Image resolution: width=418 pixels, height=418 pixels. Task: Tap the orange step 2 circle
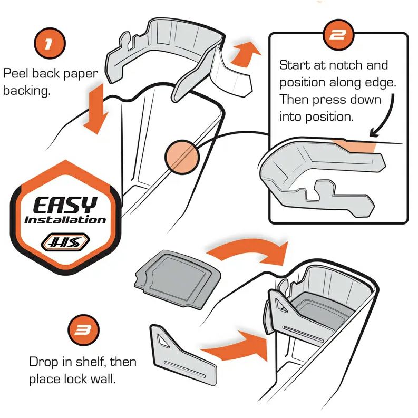(x=338, y=35)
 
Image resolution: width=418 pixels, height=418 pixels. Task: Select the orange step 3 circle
(x=83, y=330)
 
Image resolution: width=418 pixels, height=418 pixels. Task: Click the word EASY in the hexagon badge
(x=65, y=205)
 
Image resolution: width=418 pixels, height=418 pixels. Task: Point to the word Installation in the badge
(x=65, y=220)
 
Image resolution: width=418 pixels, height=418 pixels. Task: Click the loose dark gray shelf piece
(x=178, y=279)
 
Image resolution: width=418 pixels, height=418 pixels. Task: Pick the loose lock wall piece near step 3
(x=183, y=355)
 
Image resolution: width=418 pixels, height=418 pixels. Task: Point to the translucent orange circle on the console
(x=182, y=157)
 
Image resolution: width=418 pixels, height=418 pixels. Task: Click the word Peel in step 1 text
(x=15, y=73)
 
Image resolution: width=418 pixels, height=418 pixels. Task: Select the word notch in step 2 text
(x=346, y=65)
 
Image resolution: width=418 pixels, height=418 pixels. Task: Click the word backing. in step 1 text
(x=27, y=91)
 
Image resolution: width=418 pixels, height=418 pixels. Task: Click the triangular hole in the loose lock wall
(x=162, y=341)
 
